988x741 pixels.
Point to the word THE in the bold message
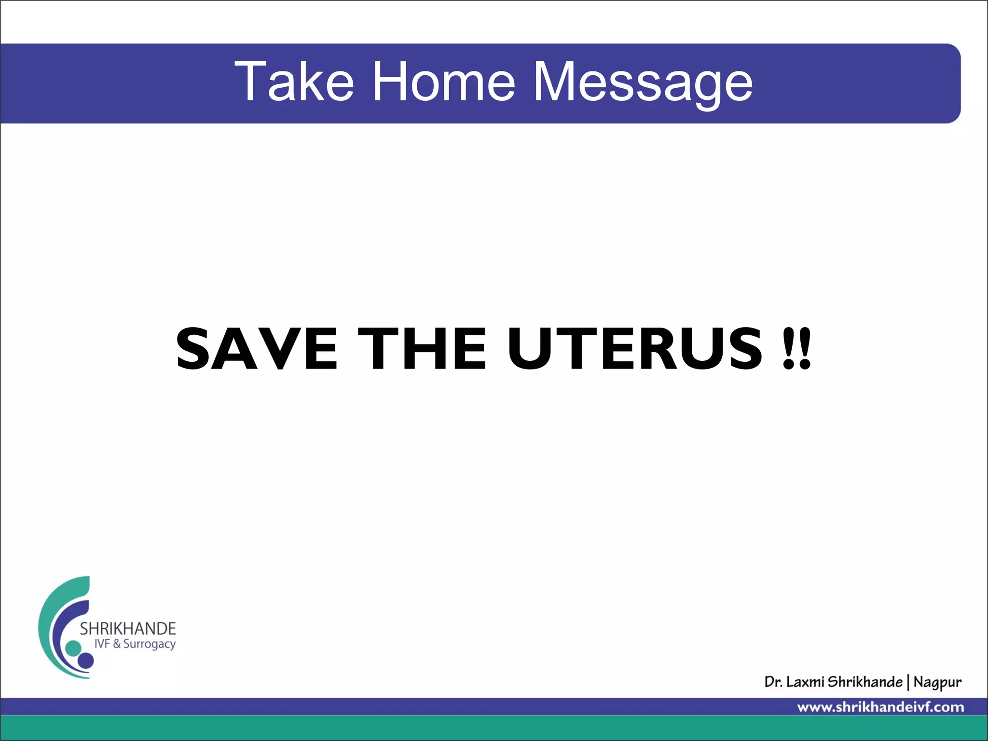tap(422, 348)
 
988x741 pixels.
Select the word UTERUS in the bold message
tap(635, 348)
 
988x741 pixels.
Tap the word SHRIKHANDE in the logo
tap(128, 629)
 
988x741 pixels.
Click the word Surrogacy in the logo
tap(150, 645)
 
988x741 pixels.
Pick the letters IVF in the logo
tap(102, 644)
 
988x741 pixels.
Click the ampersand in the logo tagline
tap(117, 644)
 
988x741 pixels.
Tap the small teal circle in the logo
tap(73, 648)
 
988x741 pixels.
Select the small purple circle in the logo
tap(86, 660)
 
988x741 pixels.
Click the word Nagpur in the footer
tap(937, 683)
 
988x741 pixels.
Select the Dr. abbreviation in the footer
tap(773, 682)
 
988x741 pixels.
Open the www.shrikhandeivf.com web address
tap(880, 707)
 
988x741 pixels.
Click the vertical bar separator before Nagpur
tap(908, 682)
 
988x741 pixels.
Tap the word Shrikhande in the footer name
tap(865, 682)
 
